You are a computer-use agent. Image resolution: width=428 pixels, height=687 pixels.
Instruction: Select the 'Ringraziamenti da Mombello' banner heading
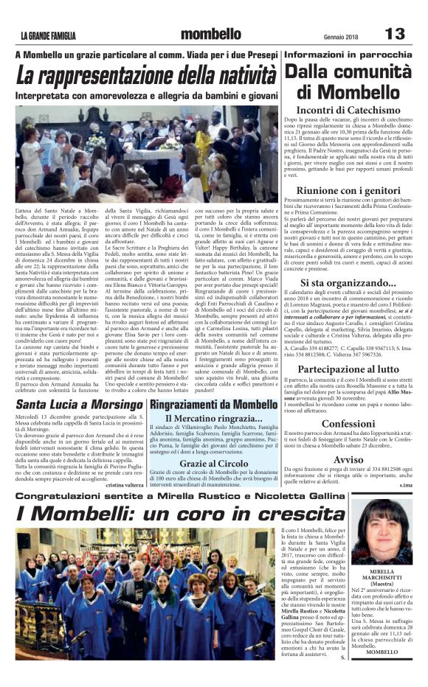(214, 405)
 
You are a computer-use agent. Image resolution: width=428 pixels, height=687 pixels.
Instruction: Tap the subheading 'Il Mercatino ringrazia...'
(214, 419)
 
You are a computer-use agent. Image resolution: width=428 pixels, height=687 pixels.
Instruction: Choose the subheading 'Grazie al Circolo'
(214, 464)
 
